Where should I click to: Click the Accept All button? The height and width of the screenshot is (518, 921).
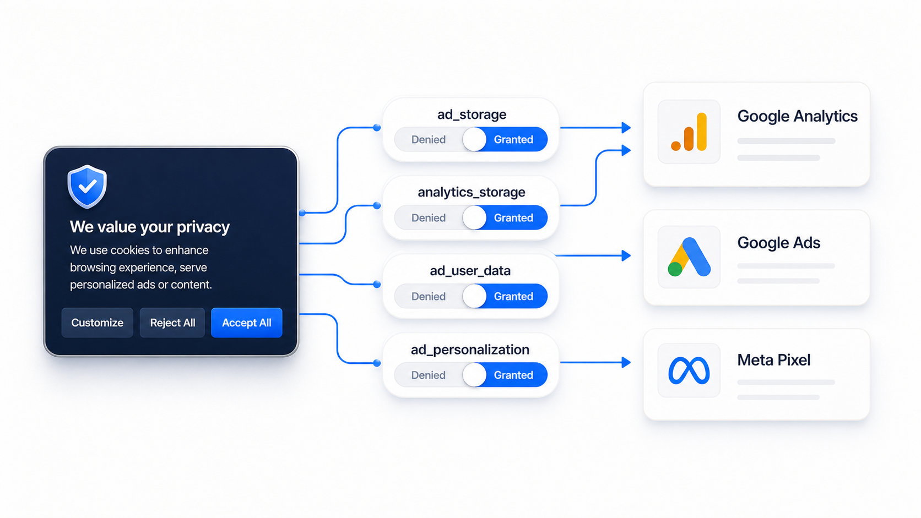tap(247, 323)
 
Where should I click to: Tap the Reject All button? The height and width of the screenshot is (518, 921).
tap(172, 323)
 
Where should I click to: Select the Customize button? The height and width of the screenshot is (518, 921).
tap(97, 323)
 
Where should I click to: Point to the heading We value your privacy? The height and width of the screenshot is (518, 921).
tap(150, 227)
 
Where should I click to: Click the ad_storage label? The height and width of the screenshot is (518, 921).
tap(472, 114)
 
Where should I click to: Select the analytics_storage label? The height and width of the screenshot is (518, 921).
tap(472, 192)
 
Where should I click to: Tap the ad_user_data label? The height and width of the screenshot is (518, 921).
tap(470, 271)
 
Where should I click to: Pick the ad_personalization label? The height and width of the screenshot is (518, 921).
tap(470, 350)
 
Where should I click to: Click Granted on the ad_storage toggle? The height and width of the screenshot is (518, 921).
tap(513, 140)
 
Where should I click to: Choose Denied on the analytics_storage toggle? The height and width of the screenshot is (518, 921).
tap(429, 218)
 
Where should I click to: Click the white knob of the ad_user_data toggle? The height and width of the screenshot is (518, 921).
tap(474, 296)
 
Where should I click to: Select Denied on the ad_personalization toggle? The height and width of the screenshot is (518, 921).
tap(429, 375)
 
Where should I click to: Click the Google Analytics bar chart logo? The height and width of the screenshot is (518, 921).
tap(689, 132)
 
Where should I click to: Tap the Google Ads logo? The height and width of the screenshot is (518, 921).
tap(689, 257)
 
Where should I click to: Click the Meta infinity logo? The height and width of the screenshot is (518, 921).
tap(689, 370)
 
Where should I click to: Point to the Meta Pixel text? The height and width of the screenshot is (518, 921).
tap(774, 360)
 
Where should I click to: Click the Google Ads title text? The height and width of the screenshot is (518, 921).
tap(779, 243)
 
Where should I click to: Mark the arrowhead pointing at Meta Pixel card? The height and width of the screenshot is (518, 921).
tap(626, 362)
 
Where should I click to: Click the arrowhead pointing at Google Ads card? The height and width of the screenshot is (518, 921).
tap(626, 255)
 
